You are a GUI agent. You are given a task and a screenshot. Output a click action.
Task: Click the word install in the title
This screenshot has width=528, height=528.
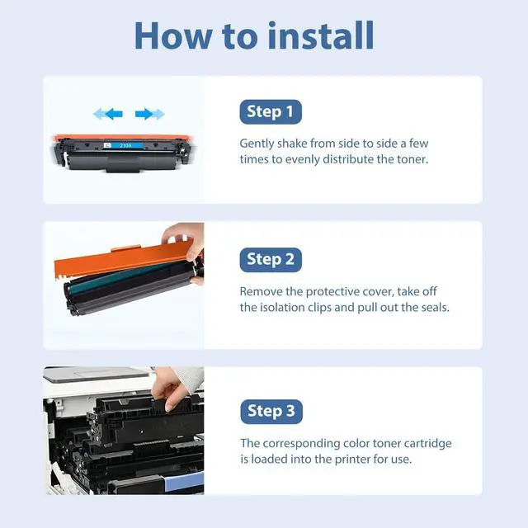click(x=321, y=35)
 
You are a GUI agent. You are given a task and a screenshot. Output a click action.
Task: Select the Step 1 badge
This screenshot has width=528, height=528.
click(x=271, y=112)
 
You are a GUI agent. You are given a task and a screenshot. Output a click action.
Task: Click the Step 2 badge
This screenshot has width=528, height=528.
click(x=271, y=260)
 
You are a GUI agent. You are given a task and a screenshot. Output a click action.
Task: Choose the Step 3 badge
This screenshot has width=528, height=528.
click(x=271, y=412)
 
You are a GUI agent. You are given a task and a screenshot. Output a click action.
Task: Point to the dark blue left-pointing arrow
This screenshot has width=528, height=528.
click(x=114, y=114)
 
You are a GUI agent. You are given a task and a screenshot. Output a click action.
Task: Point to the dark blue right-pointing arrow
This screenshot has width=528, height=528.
click(x=144, y=114)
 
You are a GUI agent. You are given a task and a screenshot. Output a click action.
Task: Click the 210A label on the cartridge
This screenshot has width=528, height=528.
click(x=126, y=145)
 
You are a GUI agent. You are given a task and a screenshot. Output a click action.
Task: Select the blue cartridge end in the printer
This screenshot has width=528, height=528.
click(x=185, y=482)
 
